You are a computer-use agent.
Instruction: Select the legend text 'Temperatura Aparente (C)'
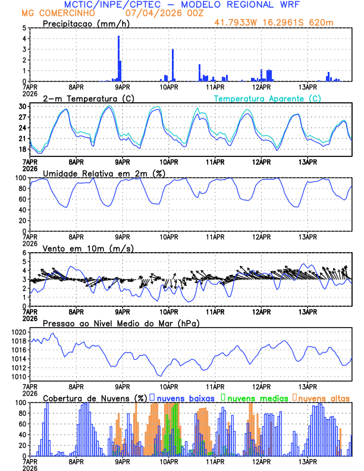click(x=268, y=98)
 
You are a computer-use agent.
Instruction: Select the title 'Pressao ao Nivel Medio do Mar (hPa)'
click(x=121, y=323)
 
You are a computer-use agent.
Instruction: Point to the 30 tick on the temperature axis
click(x=23, y=106)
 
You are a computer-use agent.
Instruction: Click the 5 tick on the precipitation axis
click(x=25, y=28)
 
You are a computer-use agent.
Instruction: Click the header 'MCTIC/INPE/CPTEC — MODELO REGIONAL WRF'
click(x=182, y=5)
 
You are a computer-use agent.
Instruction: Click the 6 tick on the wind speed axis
click(x=25, y=253)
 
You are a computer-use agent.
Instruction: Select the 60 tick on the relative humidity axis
click(x=23, y=199)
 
